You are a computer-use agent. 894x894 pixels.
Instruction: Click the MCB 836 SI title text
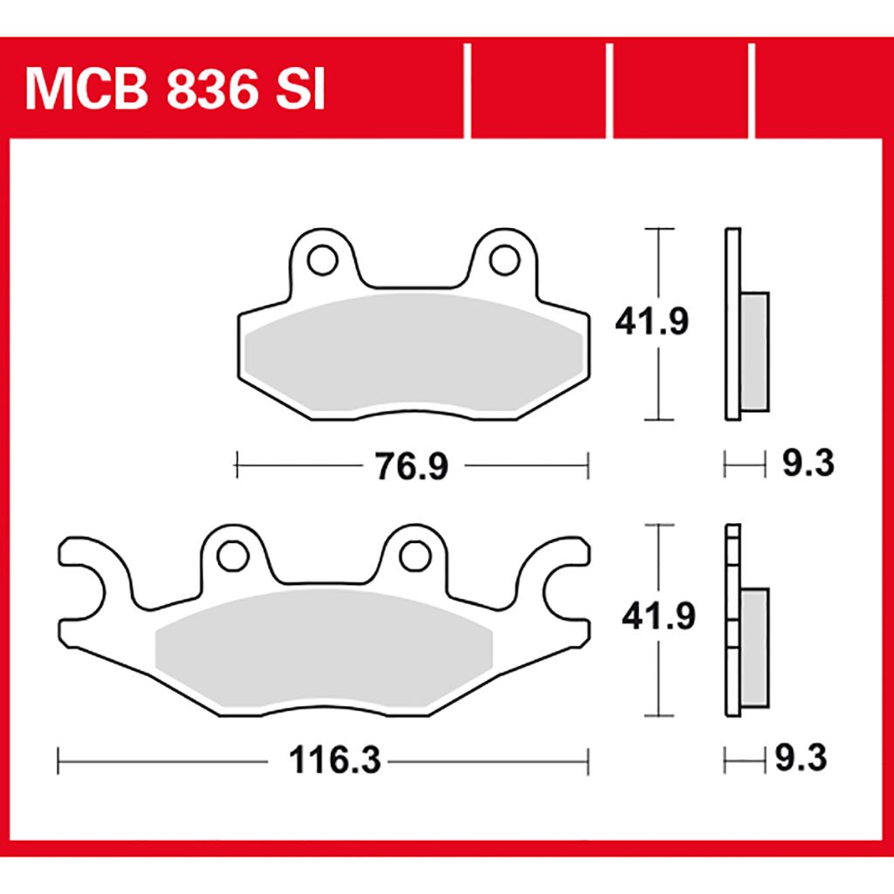[175, 90]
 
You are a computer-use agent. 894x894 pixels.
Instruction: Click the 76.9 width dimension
[412, 466]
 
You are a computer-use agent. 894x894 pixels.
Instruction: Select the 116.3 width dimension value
[334, 760]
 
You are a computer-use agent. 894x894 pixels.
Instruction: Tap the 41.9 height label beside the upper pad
[651, 321]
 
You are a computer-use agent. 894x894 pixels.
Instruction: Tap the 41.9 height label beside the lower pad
[658, 616]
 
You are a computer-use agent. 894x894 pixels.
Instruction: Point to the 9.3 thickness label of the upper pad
[808, 463]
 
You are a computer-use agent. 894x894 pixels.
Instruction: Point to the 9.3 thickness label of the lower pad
[801, 759]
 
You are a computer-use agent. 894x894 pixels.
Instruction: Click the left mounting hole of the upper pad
[323, 260]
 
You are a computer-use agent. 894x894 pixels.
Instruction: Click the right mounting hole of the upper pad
[505, 260]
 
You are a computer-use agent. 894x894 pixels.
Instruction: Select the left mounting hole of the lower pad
[233, 556]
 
